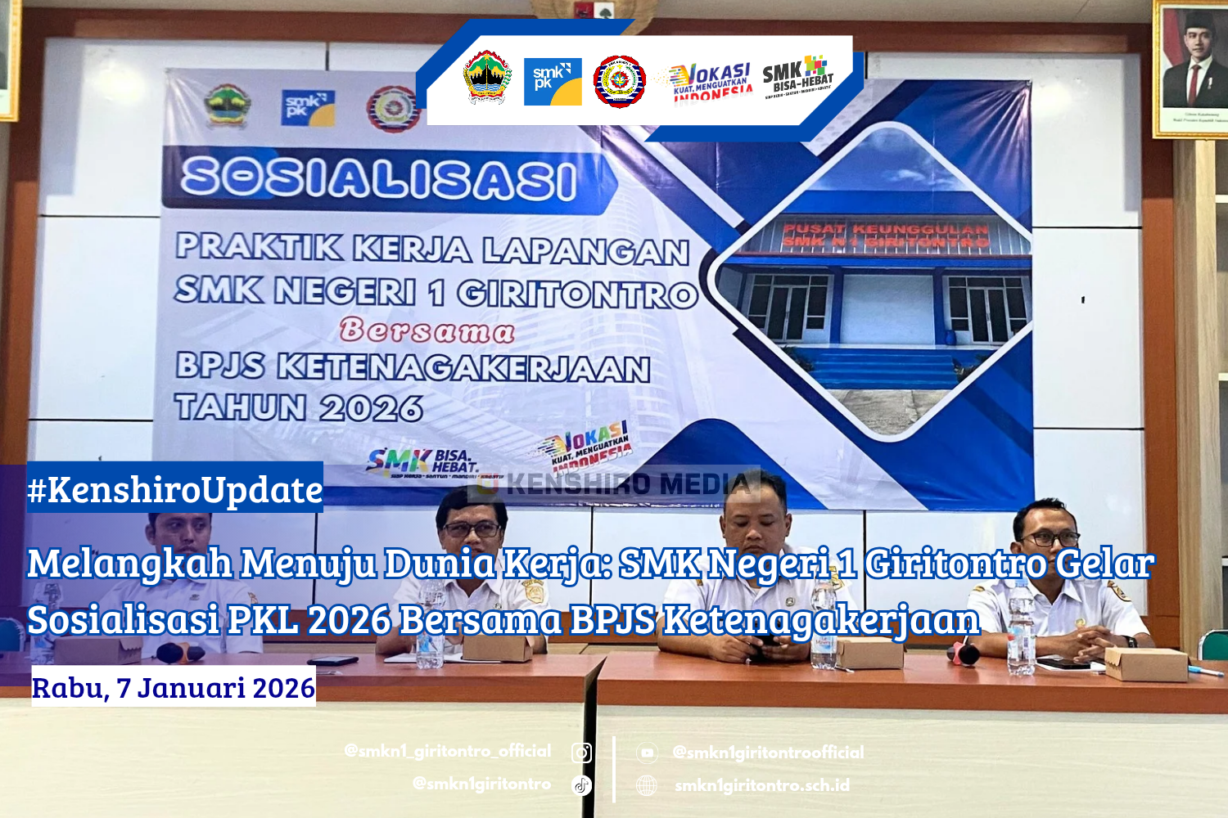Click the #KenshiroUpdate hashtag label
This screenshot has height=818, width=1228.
click(x=175, y=489)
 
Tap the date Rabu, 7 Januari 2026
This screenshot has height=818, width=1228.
click(x=174, y=688)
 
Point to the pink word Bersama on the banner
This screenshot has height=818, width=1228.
click(x=427, y=330)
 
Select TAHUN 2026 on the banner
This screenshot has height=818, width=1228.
click(x=299, y=407)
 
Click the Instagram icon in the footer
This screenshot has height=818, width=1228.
click(x=581, y=753)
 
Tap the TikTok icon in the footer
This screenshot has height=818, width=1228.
click(x=581, y=785)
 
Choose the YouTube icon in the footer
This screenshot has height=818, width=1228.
click(x=647, y=753)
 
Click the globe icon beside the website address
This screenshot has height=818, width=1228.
click(x=647, y=785)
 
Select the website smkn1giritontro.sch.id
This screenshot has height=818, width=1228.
click(x=762, y=785)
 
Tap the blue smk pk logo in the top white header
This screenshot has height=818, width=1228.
click(x=553, y=82)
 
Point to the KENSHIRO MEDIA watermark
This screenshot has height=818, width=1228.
click(x=622, y=484)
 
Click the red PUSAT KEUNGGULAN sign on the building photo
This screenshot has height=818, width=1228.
click(x=886, y=235)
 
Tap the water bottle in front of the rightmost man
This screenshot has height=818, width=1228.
click(x=1021, y=630)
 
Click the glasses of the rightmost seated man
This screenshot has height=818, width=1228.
click(x=1050, y=538)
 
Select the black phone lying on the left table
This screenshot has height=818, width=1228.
click(x=332, y=660)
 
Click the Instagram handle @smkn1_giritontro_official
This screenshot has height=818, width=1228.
click(x=448, y=751)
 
